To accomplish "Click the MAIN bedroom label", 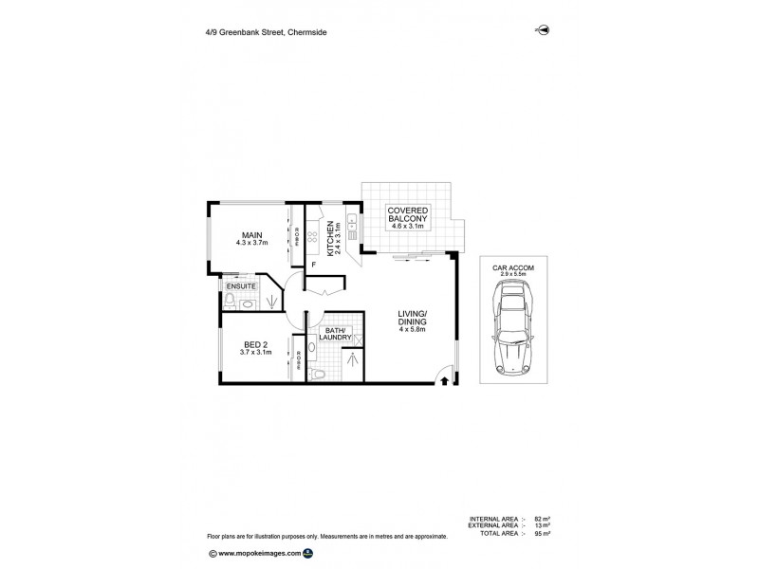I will pyautogui.click(x=251, y=235).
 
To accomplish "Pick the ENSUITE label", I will pyautogui.click(x=240, y=284).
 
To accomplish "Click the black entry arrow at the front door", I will pyautogui.click(x=445, y=381).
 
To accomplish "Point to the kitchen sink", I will pyautogui.click(x=351, y=224).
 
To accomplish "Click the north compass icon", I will pyautogui.click(x=545, y=30).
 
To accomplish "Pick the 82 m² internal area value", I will pyautogui.click(x=543, y=519).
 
